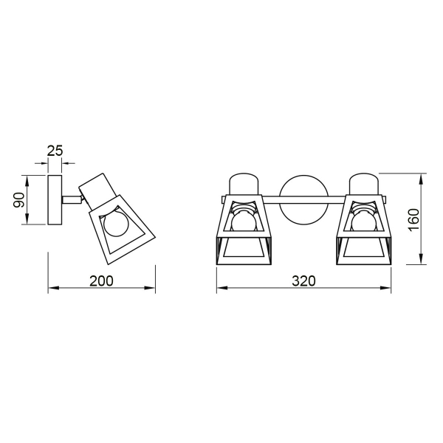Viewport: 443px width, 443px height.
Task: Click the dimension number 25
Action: click(55, 151)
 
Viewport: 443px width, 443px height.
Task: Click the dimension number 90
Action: click(19, 199)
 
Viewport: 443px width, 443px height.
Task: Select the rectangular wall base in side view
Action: click(56, 199)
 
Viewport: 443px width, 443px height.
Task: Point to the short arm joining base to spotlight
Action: click(72, 198)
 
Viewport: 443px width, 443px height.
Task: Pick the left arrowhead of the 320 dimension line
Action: click(219, 290)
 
